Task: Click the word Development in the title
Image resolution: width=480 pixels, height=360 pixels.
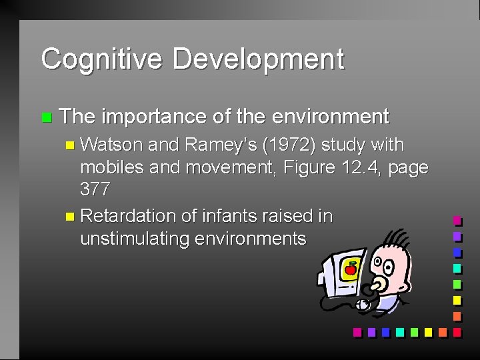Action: (x=258, y=59)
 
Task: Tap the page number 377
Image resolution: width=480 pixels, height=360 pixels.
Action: (x=95, y=190)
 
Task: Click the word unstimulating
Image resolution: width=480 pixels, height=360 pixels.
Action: (x=135, y=239)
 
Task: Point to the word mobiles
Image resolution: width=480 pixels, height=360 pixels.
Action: (x=112, y=167)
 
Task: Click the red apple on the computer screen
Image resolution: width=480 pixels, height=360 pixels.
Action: (x=350, y=269)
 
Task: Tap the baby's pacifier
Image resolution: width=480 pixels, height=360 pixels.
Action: (x=379, y=285)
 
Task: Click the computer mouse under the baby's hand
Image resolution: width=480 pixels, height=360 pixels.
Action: (x=363, y=305)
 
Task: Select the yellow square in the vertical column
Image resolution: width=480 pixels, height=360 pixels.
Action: (x=457, y=300)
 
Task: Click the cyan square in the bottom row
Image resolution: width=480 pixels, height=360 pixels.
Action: (x=399, y=332)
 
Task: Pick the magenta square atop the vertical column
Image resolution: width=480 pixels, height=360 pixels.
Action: (x=457, y=221)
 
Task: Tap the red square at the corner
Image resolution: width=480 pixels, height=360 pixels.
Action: (x=457, y=332)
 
